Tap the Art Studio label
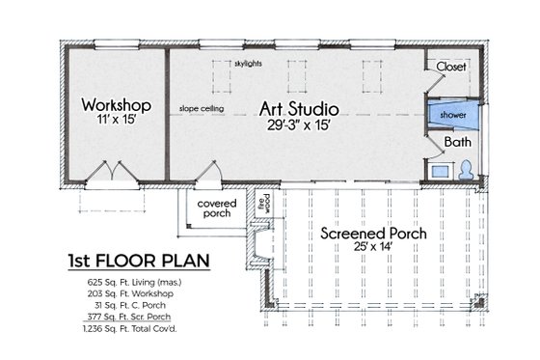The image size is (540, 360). [301, 104]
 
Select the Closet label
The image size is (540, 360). [451, 67]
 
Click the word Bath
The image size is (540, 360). [456, 142]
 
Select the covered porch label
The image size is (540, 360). [216, 209]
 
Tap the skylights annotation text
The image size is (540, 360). [248, 64]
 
